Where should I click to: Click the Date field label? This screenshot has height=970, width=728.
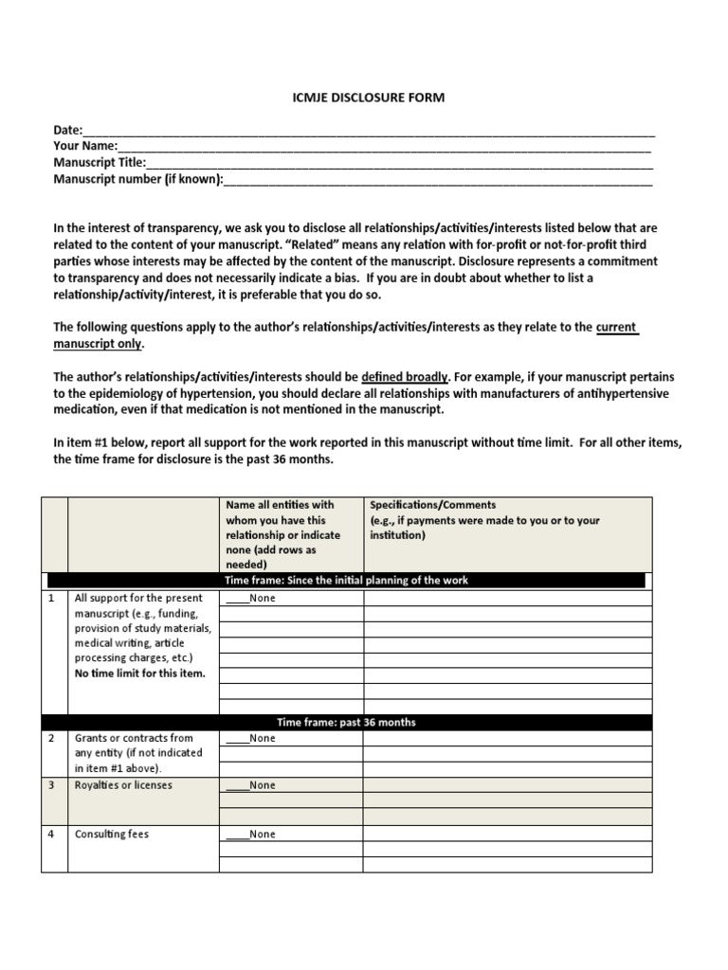click(x=68, y=130)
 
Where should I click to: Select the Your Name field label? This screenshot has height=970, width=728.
click(x=85, y=146)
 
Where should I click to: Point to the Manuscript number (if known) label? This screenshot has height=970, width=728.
click(x=138, y=178)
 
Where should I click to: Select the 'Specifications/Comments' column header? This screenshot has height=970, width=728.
click(x=432, y=505)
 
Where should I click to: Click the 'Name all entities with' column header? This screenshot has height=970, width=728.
click(x=280, y=505)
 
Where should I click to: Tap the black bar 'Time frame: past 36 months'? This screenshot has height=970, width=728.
click(x=346, y=722)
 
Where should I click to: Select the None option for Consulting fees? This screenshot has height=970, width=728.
click(x=250, y=835)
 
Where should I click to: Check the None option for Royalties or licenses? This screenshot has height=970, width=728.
click(x=250, y=785)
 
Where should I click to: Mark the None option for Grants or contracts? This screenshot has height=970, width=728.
click(x=250, y=738)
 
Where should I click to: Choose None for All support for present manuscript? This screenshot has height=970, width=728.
click(x=250, y=599)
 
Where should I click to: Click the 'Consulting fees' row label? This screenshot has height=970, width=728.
click(x=112, y=835)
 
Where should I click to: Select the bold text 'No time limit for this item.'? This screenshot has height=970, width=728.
click(x=139, y=674)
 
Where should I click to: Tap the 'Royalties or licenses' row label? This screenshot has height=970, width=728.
click(x=123, y=785)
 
